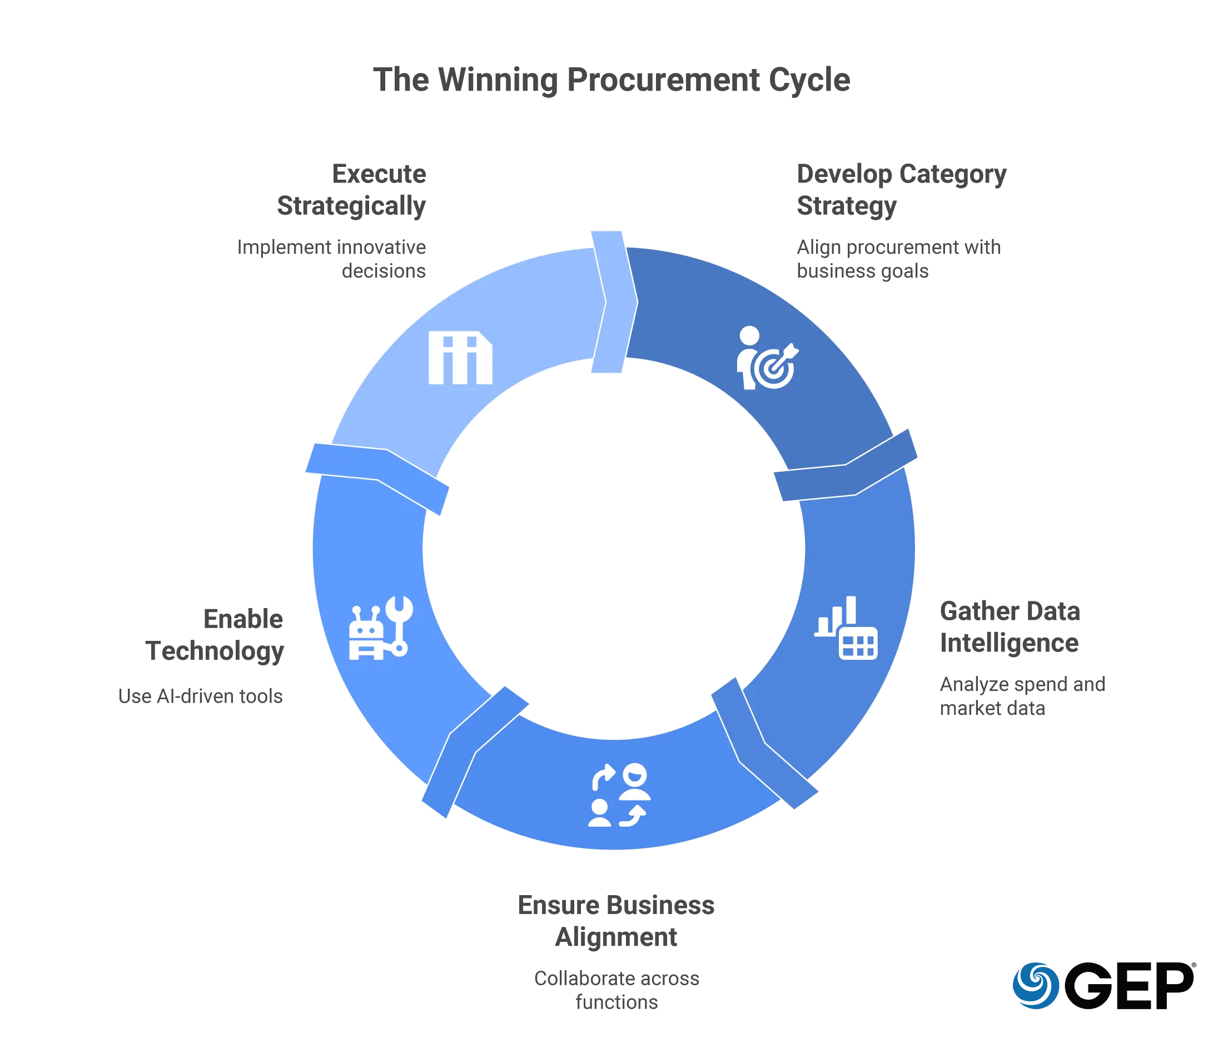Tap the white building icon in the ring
point(460,358)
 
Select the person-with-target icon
point(767,358)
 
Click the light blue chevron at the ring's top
point(614,302)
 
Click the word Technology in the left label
point(213,653)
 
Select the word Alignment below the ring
point(615,937)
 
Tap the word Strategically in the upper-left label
point(351,205)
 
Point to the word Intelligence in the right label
point(1010,644)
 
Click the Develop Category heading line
point(902,174)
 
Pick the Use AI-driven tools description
point(200,695)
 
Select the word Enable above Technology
point(244,619)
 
